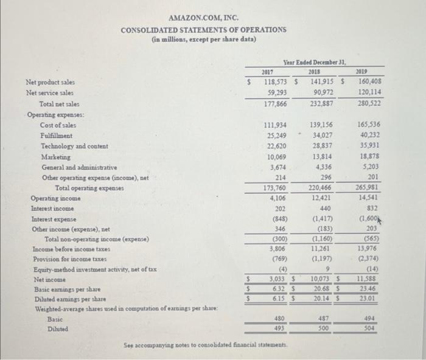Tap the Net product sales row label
click(49, 81)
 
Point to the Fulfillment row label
click(56, 136)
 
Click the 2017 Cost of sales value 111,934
click(273, 125)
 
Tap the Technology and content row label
click(74, 147)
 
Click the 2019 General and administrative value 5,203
click(372, 167)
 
